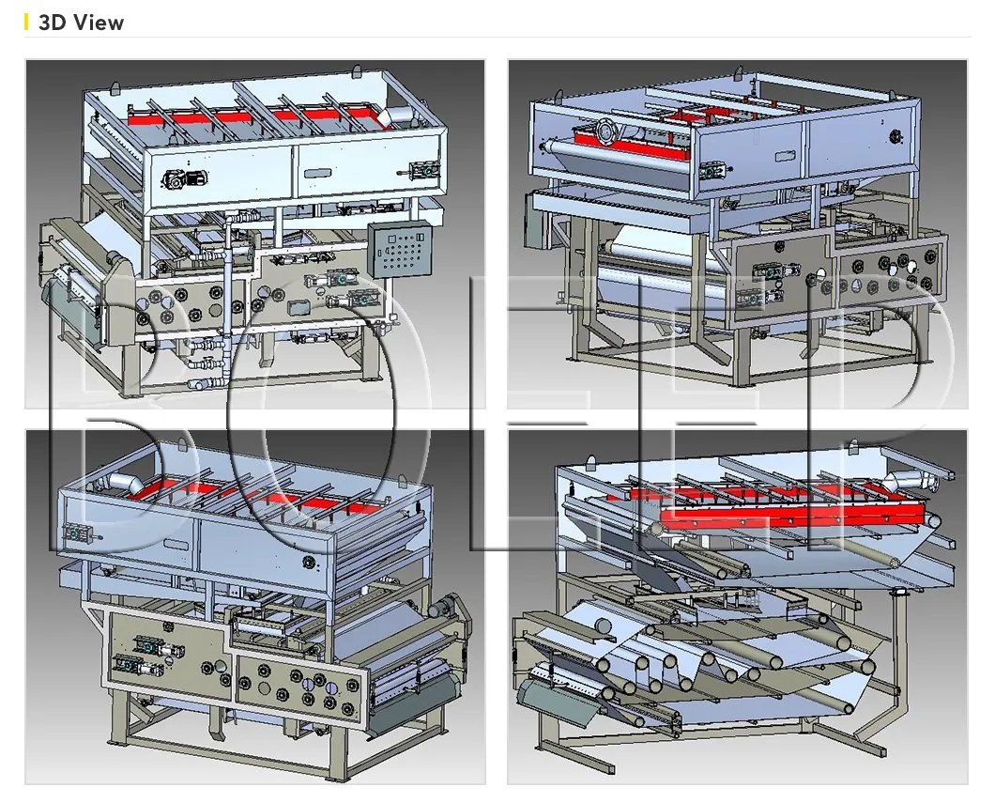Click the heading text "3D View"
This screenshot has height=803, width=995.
81,23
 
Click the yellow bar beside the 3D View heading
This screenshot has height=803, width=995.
28,23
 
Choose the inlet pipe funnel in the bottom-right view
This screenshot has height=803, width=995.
926,478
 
